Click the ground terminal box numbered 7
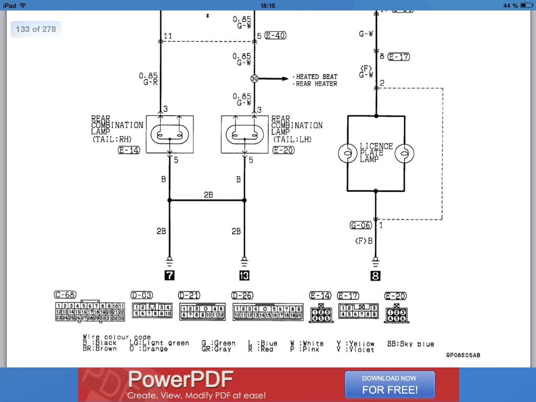tap(169, 275)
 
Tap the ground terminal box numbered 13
tap(244, 275)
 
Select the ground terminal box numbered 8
tap(375, 275)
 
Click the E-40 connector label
tap(275, 36)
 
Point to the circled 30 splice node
tap(254, 79)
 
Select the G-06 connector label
tap(361, 225)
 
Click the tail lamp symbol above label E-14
tap(170, 134)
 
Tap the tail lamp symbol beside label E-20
tap(244, 134)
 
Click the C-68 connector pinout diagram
tap(90, 311)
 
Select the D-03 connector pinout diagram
tap(152, 310)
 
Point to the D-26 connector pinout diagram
tap(267, 311)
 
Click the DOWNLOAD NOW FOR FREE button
tap(389, 384)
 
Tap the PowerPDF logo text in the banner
tap(180, 379)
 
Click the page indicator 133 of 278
tap(36, 29)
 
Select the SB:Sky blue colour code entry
tap(410, 344)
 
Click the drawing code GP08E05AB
tap(463, 355)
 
